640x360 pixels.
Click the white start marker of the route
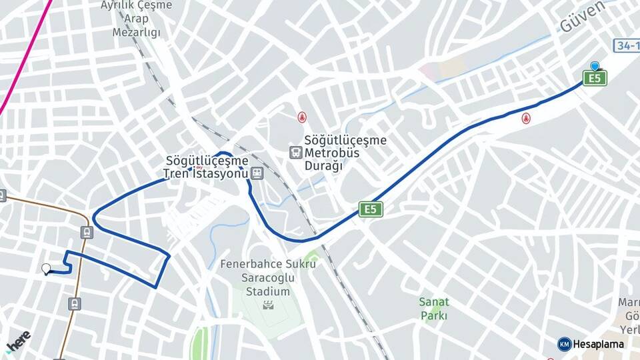[46, 269]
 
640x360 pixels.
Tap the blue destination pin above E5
[595, 66]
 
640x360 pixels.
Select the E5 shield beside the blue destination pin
[595, 79]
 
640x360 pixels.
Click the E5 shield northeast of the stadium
[371, 209]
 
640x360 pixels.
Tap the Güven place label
[582, 17]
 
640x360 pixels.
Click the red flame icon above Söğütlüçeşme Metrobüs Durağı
[302, 117]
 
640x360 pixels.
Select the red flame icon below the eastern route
[526, 119]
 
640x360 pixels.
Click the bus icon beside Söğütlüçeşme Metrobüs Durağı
[295, 153]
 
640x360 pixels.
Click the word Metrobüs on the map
[333, 153]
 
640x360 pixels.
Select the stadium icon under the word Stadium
[267, 306]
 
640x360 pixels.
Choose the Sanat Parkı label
[434, 309]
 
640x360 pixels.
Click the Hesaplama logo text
[598, 344]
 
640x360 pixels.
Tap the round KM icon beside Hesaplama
[564, 344]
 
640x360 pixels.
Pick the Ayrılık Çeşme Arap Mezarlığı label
[136, 19]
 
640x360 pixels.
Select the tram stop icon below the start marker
[75, 304]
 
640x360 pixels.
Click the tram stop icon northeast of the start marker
[86, 232]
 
